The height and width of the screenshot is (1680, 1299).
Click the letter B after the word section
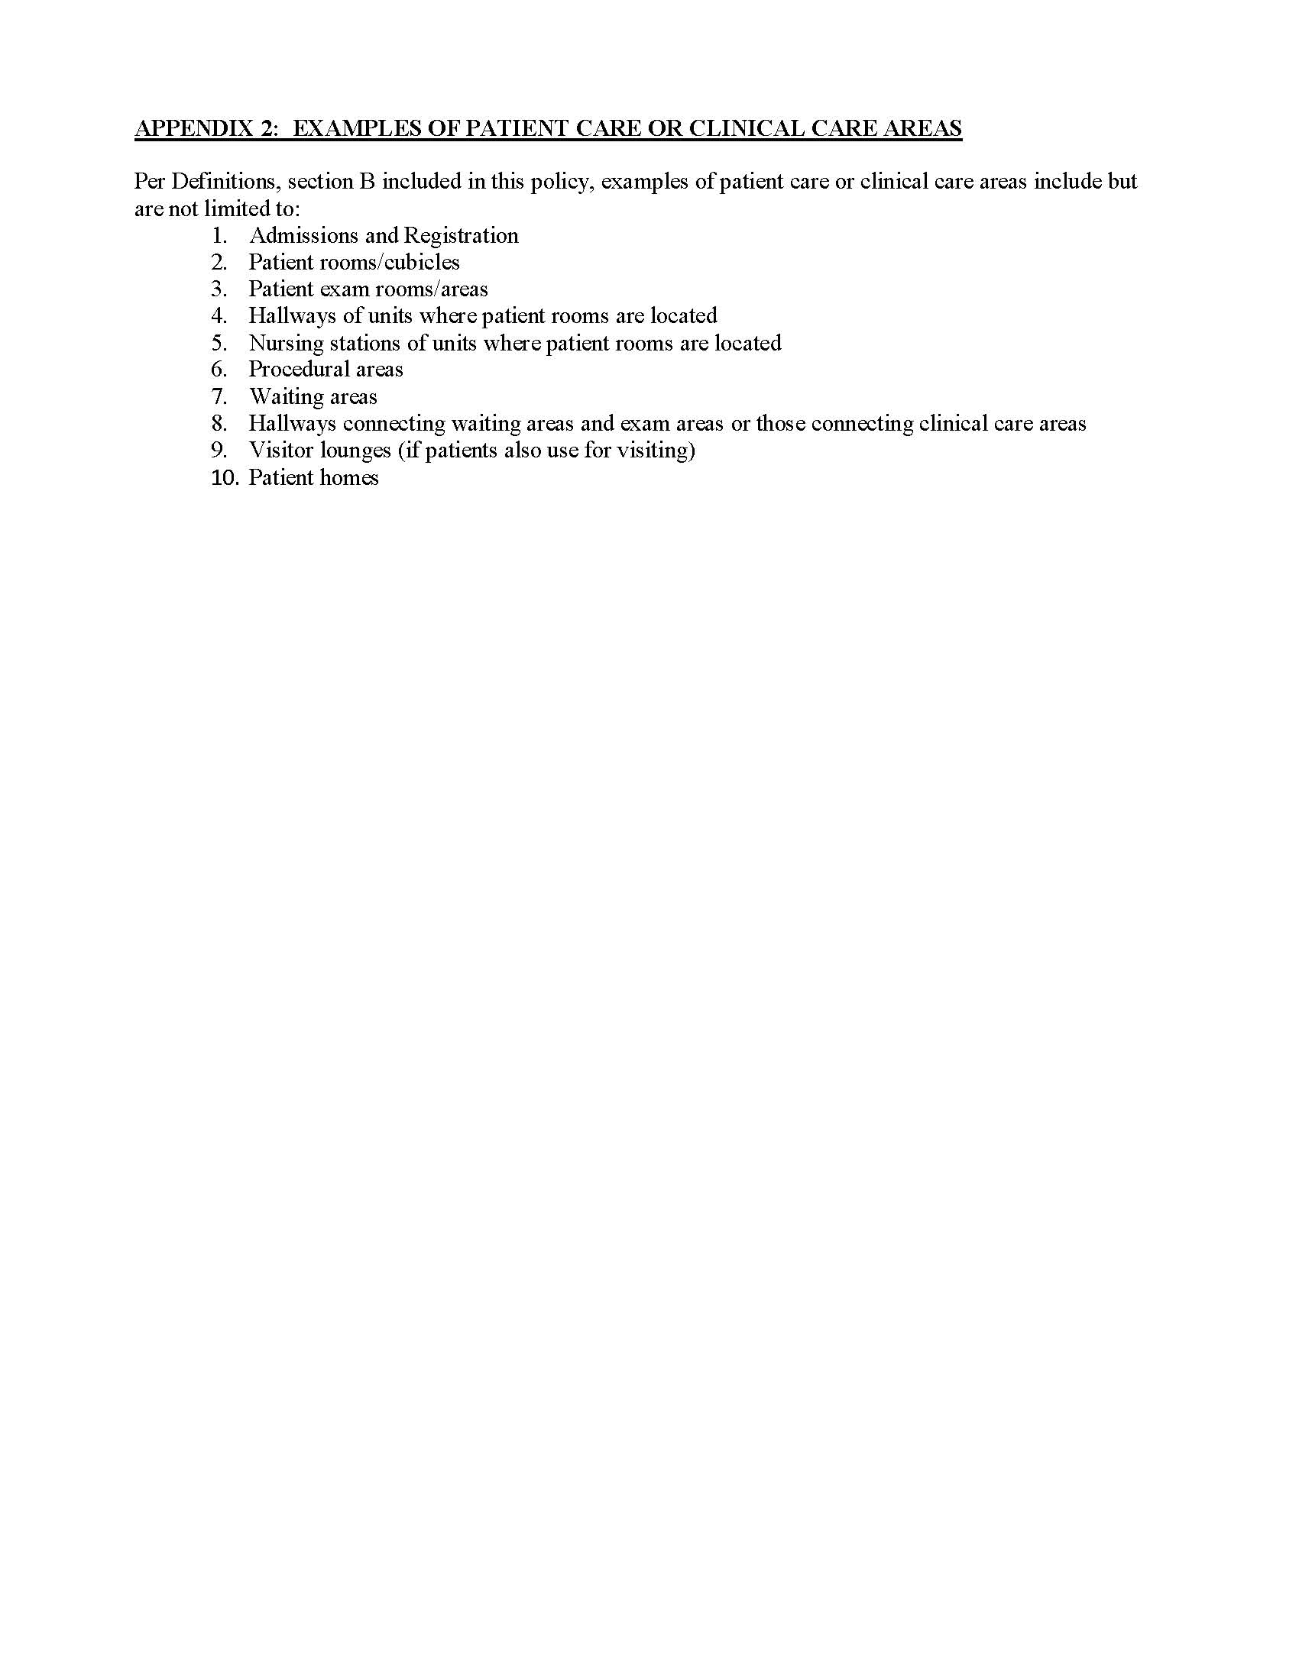coord(367,182)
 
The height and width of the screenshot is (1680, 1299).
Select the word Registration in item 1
coord(461,235)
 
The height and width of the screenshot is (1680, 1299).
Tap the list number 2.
coord(219,262)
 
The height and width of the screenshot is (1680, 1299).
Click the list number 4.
coord(219,316)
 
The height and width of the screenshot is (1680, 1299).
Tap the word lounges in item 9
coord(355,450)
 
